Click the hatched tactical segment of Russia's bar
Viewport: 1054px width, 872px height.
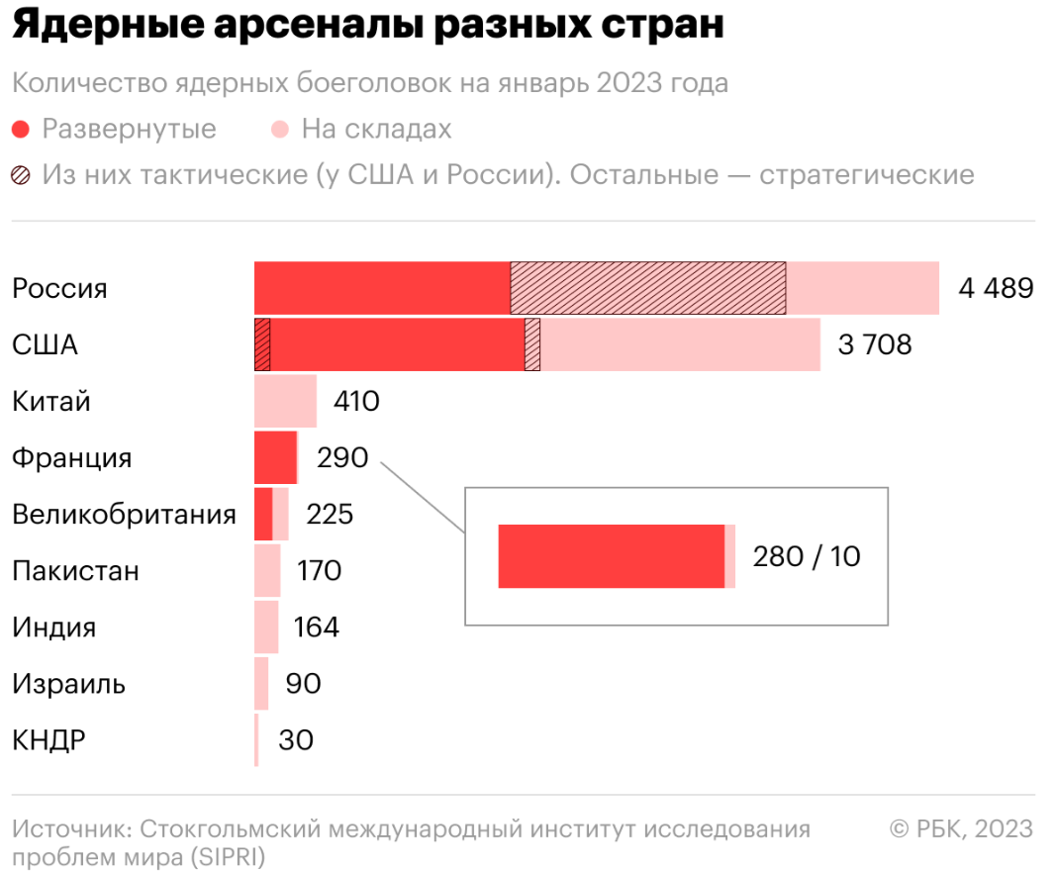point(648,288)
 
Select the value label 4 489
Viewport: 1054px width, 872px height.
point(997,288)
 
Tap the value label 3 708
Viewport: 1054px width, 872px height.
point(875,344)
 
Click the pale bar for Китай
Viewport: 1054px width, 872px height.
point(285,401)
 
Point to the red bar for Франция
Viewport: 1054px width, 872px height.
point(275,457)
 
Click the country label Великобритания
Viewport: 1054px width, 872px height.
point(125,515)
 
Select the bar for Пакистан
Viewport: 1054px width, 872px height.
point(267,570)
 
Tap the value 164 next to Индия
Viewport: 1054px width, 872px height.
point(316,627)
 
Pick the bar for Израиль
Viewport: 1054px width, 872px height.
point(261,683)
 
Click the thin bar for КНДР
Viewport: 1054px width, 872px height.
point(256,739)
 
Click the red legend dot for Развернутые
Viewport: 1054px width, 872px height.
point(21,129)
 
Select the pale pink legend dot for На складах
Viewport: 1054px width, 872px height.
point(280,129)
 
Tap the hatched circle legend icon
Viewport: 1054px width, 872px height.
point(21,175)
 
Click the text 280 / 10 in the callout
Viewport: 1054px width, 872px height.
point(807,556)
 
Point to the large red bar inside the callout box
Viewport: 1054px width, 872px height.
point(612,556)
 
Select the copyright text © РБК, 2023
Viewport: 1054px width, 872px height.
point(961,829)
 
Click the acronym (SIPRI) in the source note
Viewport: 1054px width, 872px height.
point(229,857)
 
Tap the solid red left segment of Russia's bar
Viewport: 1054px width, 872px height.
point(382,288)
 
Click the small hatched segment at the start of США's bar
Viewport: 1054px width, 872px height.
point(262,344)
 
